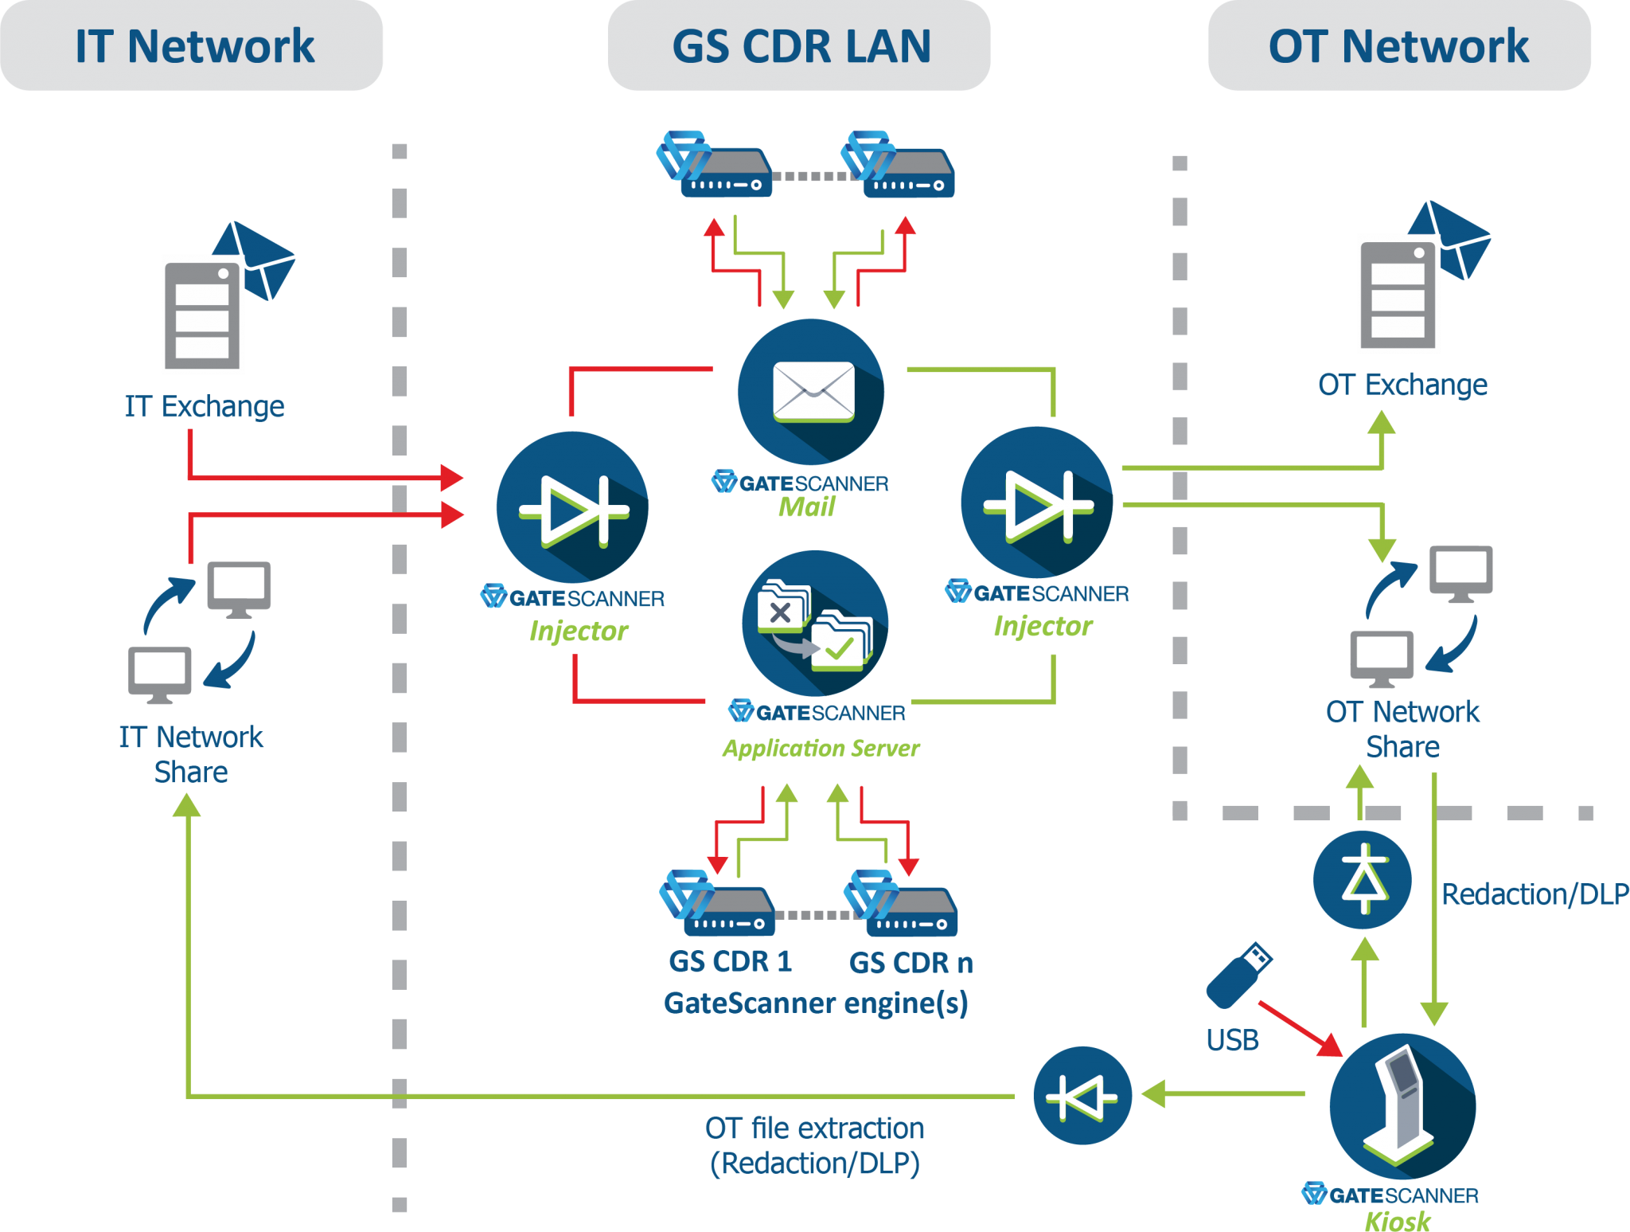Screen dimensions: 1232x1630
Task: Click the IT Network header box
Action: pyautogui.click(x=192, y=45)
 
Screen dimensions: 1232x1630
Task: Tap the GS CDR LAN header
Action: pyautogui.click(x=799, y=45)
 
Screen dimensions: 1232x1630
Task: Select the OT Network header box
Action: pyautogui.click(x=1398, y=45)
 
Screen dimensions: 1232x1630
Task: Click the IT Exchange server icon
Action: pyautogui.click(x=204, y=315)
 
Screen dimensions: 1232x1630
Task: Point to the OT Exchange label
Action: pyautogui.click(x=1402, y=385)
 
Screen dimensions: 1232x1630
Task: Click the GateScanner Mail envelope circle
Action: pyautogui.click(x=810, y=391)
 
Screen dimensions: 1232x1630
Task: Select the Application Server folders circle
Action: pyautogui.click(x=814, y=623)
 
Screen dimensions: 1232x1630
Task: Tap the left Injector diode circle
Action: pyautogui.click(x=572, y=506)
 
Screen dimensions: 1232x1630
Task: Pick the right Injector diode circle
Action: pyautogui.click(x=1037, y=503)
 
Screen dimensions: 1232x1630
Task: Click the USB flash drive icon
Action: pyautogui.click(x=1238, y=975)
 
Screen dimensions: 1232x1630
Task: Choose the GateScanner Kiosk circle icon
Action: pyautogui.click(x=1402, y=1106)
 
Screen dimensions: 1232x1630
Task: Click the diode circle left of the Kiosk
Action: pyautogui.click(x=1082, y=1096)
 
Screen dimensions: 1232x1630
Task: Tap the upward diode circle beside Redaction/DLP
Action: pyautogui.click(x=1363, y=879)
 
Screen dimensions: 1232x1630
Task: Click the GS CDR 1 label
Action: pyautogui.click(x=730, y=961)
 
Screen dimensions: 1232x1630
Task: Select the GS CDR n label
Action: pyautogui.click(x=911, y=963)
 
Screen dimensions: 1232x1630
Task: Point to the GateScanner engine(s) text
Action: pyautogui.click(x=816, y=1003)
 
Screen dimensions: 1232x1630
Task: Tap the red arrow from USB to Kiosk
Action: pyautogui.click(x=1300, y=1028)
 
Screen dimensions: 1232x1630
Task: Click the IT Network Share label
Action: pyautogui.click(x=191, y=753)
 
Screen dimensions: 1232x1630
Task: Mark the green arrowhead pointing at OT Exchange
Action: pyautogui.click(x=1382, y=423)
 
